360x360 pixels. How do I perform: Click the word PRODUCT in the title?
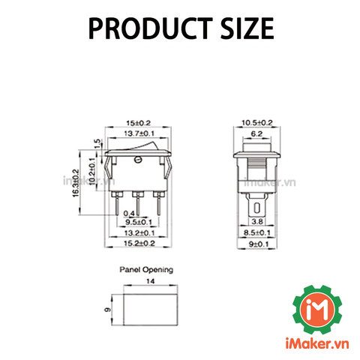[150, 28]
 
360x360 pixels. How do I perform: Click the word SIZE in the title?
[247, 28]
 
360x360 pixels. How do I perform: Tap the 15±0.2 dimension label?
[138, 123]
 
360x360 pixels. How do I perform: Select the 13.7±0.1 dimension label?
[139, 133]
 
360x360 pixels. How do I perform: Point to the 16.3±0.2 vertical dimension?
[76, 183]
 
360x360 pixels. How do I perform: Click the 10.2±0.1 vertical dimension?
[92, 171]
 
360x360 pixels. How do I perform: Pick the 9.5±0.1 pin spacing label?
[139, 222]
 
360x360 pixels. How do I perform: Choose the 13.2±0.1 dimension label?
[139, 233]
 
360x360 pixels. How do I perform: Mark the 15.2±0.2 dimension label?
[139, 243]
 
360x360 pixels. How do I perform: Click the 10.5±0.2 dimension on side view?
[257, 123]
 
